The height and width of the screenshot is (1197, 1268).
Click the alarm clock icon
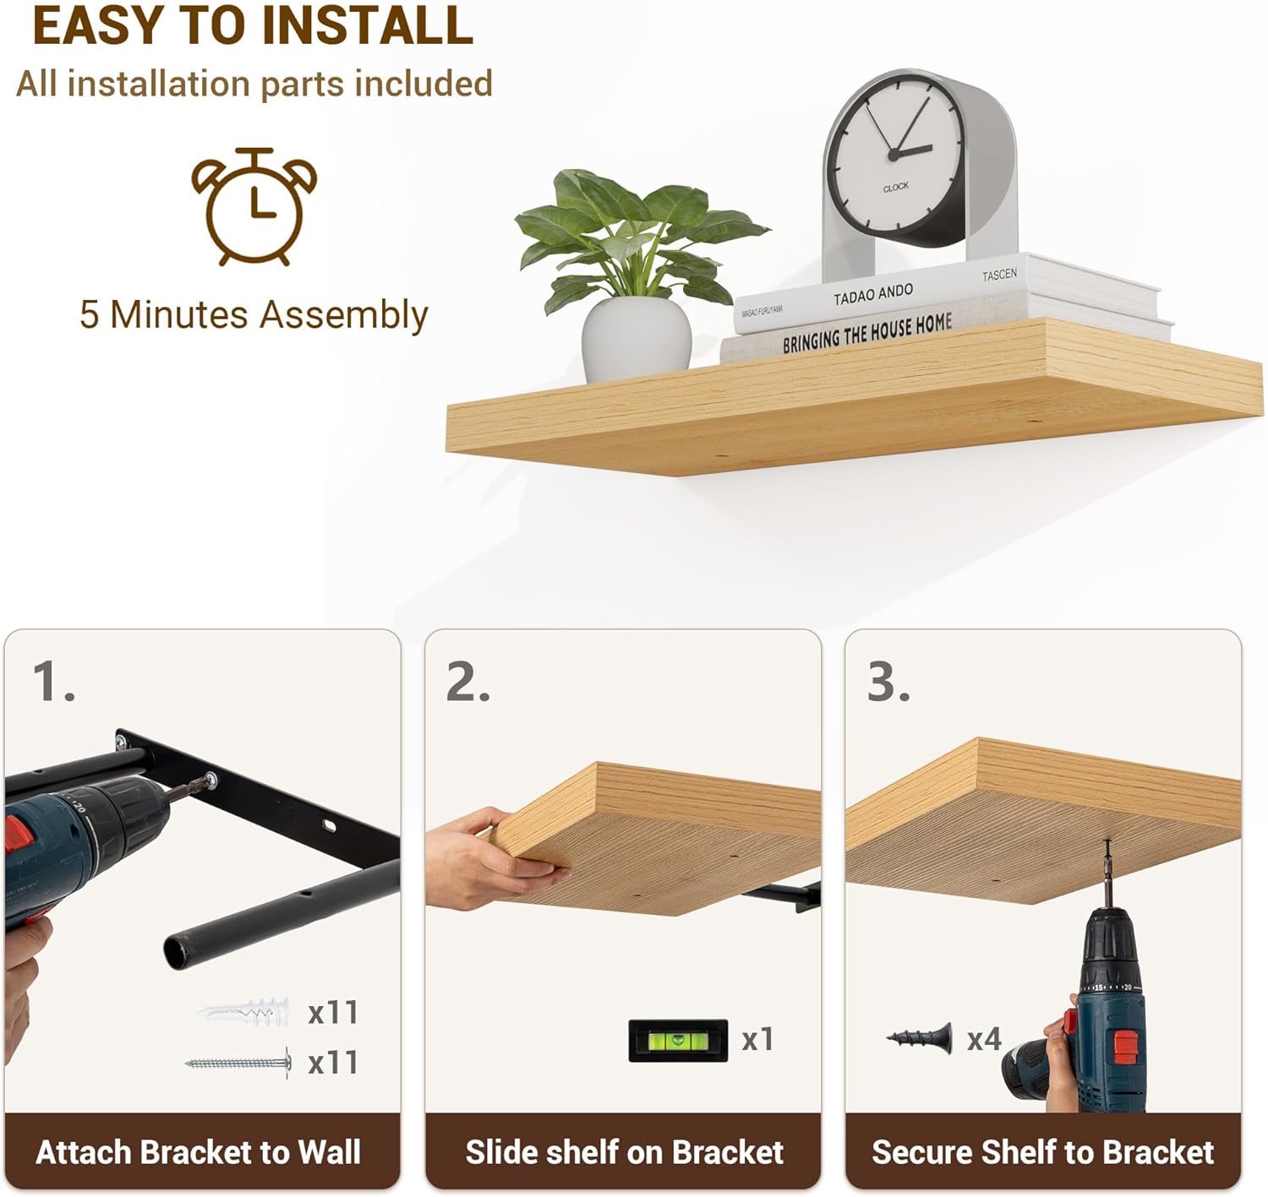pos(254,206)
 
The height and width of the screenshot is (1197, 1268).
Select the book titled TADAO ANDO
pos(945,293)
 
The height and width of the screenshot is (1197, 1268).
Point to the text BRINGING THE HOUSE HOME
pos(867,334)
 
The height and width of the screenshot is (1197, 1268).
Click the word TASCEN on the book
pos(999,275)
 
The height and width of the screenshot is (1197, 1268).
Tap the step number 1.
pos(53,682)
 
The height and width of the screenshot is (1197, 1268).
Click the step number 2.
pos(468,682)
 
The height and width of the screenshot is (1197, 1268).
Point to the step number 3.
pos(888,682)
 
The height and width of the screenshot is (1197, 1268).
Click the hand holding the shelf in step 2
pos(492,858)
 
